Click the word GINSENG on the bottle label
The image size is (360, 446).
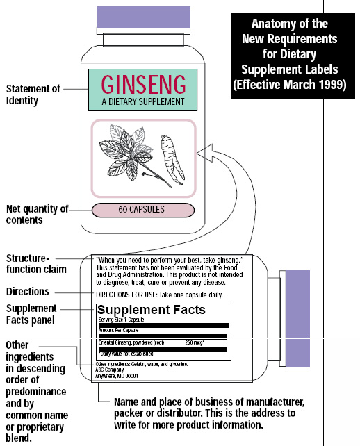point(143,85)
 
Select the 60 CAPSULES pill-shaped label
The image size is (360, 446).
point(142,209)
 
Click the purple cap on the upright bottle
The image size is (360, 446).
point(143,15)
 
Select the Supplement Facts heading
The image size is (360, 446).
point(151,310)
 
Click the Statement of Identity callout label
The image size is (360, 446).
point(31,94)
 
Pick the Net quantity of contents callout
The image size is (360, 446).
point(35,214)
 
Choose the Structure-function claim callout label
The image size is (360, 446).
point(36,263)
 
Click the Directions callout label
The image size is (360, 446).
point(28,291)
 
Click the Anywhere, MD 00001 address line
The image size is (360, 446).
point(119,377)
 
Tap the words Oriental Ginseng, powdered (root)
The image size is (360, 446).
point(131,342)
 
